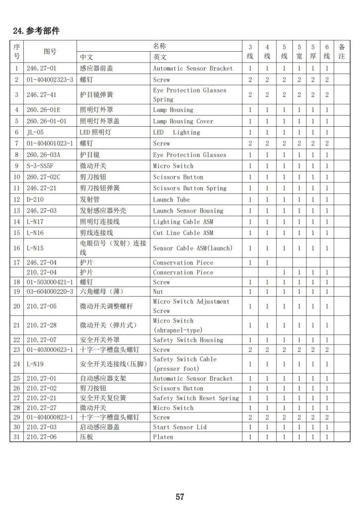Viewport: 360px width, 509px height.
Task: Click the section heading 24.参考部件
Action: click(36, 31)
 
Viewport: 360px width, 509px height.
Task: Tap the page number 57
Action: click(180, 497)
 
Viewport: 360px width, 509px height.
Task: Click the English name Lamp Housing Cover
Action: click(183, 121)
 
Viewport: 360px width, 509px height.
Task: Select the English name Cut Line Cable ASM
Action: click(183, 233)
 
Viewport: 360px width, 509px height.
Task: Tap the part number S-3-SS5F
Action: click(40, 166)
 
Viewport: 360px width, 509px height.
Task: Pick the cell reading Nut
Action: click(158, 291)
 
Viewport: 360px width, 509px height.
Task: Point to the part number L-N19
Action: click(35, 364)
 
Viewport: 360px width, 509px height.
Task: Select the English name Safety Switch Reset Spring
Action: click(196, 398)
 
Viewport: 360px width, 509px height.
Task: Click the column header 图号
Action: click(50, 51)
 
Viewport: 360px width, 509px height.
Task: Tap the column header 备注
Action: click(342, 51)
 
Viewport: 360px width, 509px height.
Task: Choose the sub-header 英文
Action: click(160, 57)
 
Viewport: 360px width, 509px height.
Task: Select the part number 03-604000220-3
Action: click(50, 291)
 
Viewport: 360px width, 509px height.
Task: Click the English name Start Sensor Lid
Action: click(179, 427)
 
